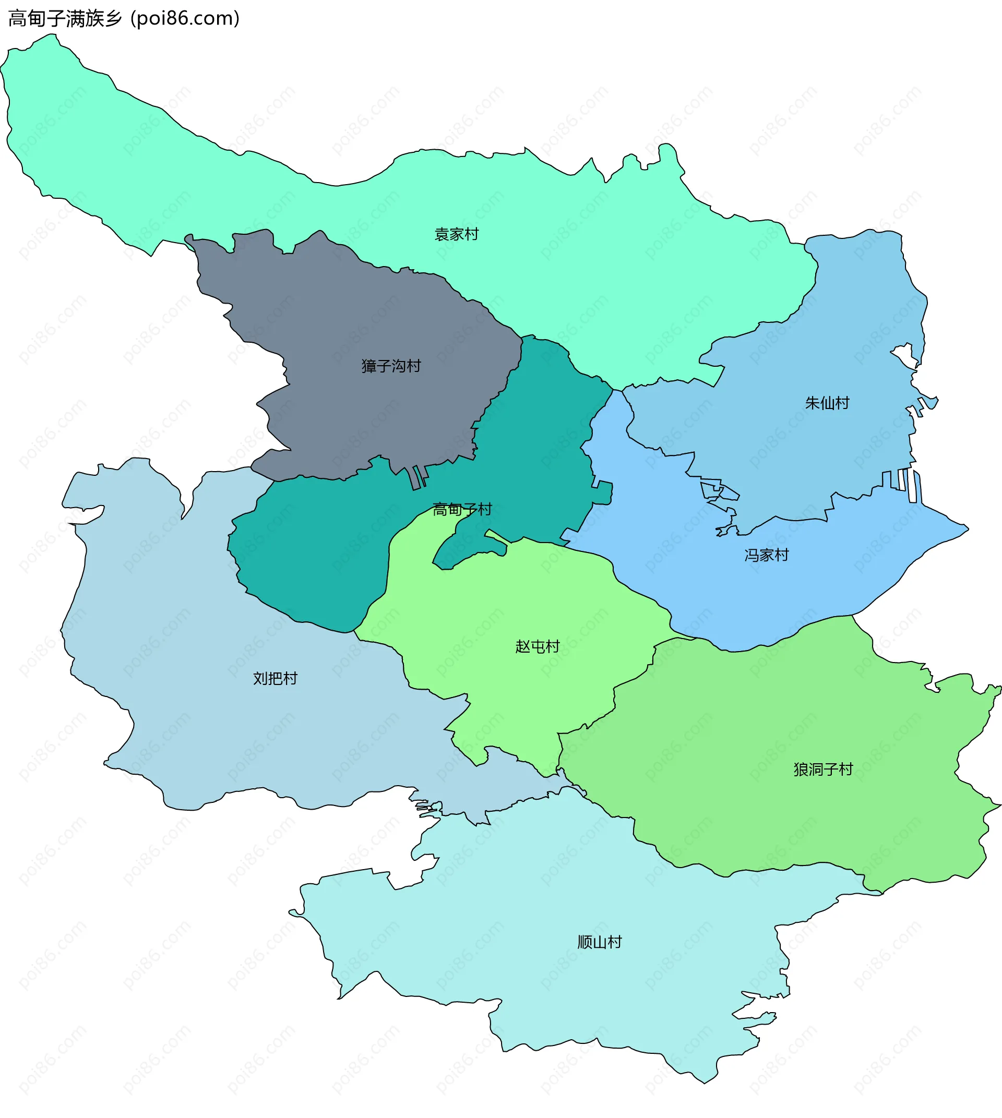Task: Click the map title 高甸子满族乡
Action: pyautogui.click(x=65, y=19)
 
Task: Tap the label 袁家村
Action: pyautogui.click(x=457, y=234)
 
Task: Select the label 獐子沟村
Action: pyautogui.click(x=391, y=366)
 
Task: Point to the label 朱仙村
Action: pyautogui.click(x=827, y=403)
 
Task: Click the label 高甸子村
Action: pyautogui.click(x=462, y=509)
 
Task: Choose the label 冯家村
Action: pyautogui.click(x=766, y=555)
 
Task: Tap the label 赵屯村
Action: pyautogui.click(x=538, y=646)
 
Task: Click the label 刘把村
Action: pyautogui.click(x=275, y=678)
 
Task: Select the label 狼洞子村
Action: pyautogui.click(x=823, y=769)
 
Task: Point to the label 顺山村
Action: pyautogui.click(x=600, y=942)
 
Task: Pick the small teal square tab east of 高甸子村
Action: pyautogui.click(x=604, y=492)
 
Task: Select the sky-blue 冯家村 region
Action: pyautogui.click(x=715, y=595)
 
